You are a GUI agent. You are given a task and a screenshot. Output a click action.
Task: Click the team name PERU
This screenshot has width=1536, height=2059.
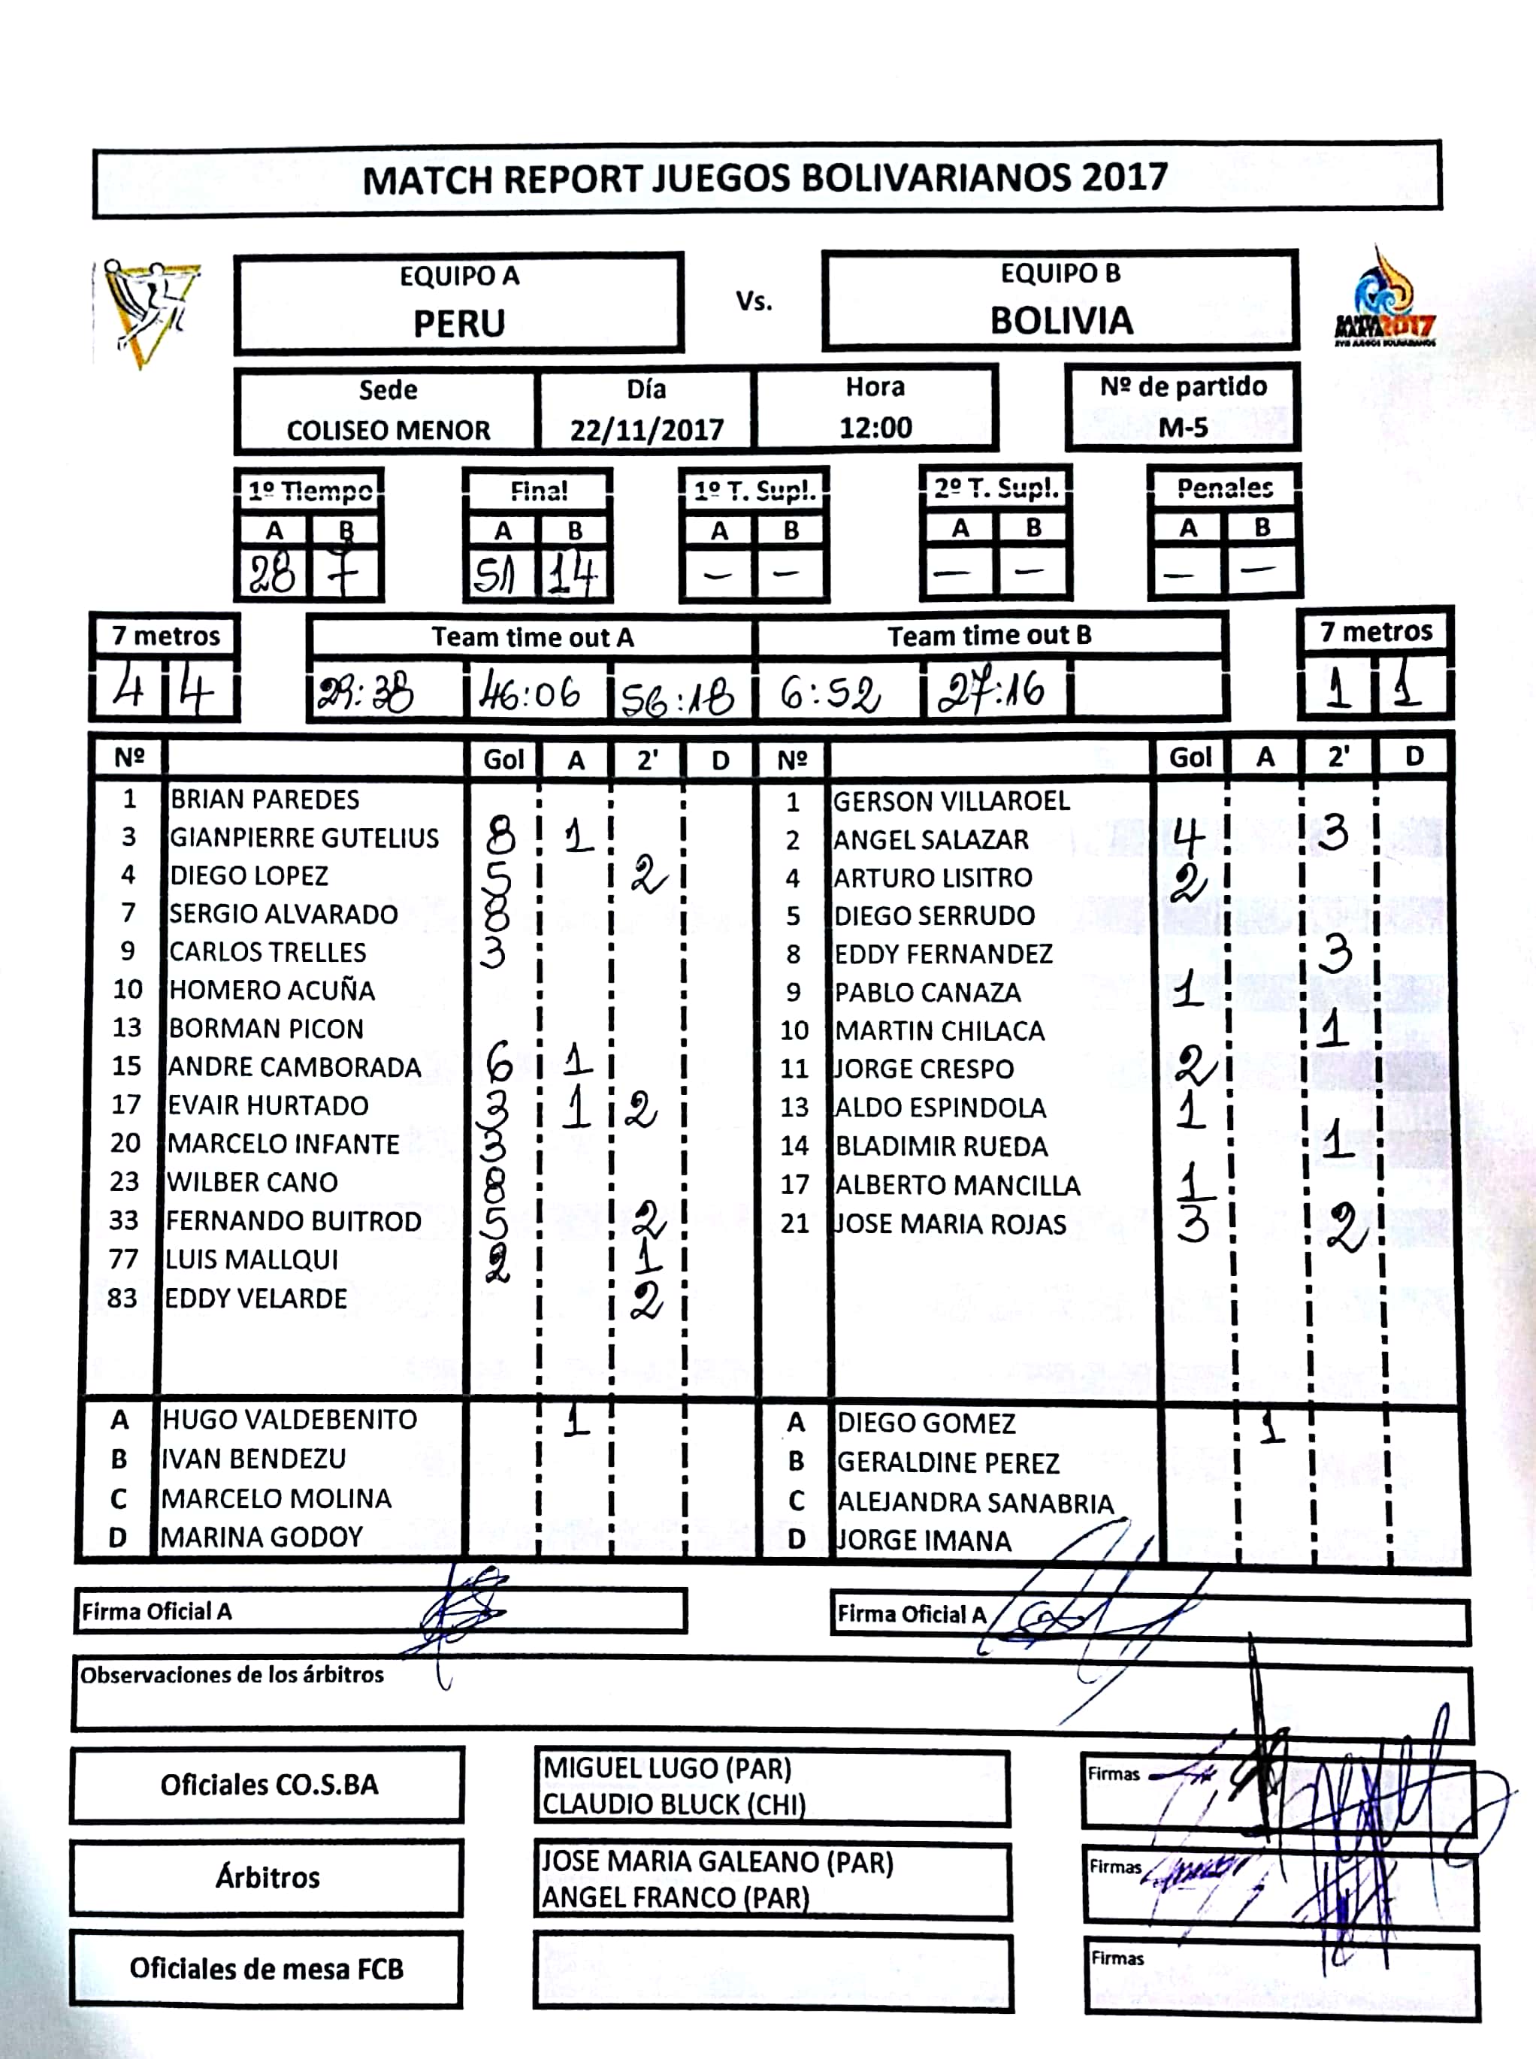click(458, 323)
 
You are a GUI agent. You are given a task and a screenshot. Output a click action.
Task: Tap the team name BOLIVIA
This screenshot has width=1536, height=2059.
click(1061, 321)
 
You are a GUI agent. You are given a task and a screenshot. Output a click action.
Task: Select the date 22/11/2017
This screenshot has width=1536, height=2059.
click(646, 430)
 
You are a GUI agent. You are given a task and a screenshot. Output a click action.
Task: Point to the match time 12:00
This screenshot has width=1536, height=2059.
click(875, 428)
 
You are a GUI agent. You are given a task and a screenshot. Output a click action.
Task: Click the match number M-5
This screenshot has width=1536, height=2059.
click(1183, 428)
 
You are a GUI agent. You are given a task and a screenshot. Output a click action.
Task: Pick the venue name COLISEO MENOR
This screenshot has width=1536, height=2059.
click(388, 431)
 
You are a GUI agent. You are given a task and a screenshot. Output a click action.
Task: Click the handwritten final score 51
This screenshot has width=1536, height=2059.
click(494, 576)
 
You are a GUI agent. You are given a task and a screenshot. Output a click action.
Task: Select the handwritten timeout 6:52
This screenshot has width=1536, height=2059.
click(830, 694)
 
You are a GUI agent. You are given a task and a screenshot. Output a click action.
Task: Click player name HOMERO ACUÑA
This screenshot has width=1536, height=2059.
click(271, 990)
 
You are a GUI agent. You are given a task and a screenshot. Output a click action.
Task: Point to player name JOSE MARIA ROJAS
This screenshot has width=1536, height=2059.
click(949, 1223)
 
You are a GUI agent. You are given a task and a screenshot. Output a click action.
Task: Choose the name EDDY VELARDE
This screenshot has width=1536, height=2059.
click(255, 1299)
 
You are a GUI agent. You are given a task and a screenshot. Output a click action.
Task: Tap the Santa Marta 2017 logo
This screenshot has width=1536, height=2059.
click(1383, 298)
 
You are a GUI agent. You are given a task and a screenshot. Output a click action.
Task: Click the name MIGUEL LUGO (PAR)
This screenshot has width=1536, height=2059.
click(667, 1767)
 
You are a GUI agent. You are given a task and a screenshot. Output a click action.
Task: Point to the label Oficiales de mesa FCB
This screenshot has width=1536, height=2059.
click(266, 1968)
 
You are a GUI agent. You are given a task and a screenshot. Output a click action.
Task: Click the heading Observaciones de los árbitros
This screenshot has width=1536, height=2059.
click(231, 1674)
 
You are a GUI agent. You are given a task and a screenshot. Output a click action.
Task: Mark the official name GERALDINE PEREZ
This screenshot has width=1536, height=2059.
click(948, 1462)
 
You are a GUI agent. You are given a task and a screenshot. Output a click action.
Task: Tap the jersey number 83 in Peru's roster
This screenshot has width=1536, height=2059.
click(122, 1298)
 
